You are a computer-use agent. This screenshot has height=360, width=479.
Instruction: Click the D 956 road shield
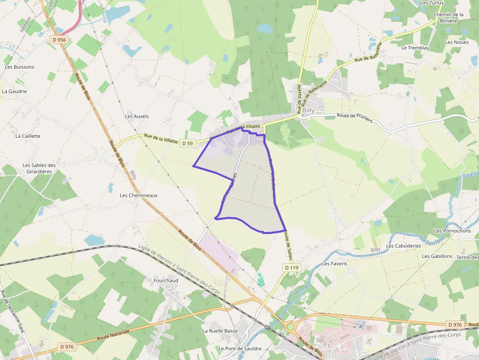click(x=58, y=40)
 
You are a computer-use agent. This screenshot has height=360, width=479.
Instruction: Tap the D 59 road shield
click(x=187, y=143)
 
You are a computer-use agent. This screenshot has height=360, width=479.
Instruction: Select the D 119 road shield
click(x=291, y=267)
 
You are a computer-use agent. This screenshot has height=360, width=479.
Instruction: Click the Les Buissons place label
click(x=20, y=67)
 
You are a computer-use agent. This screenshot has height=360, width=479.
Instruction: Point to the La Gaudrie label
click(x=14, y=91)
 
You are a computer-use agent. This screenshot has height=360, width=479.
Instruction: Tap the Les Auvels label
click(x=137, y=116)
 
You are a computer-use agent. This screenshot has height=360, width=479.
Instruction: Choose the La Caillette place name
click(x=28, y=136)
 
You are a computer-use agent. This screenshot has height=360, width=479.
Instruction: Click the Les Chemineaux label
click(x=139, y=195)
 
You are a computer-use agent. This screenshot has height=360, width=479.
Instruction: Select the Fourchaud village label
click(x=166, y=281)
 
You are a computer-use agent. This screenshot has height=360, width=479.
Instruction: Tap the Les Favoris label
click(x=334, y=264)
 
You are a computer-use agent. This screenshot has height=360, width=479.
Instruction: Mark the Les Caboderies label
click(x=404, y=246)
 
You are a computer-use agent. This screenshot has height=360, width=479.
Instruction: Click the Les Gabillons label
click(x=437, y=256)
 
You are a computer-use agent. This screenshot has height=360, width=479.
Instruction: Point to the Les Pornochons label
click(x=452, y=231)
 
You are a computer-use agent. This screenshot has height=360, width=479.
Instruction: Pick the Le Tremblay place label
click(x=415, y=48)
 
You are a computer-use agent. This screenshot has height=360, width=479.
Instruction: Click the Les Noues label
click(x=457, y=42)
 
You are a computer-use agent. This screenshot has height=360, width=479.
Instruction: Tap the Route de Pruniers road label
click(x=354, y=118)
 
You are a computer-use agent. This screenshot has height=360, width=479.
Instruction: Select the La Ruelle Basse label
click(x=220, y=331)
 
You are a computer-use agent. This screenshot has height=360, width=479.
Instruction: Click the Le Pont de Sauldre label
click(x=239, y=349)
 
